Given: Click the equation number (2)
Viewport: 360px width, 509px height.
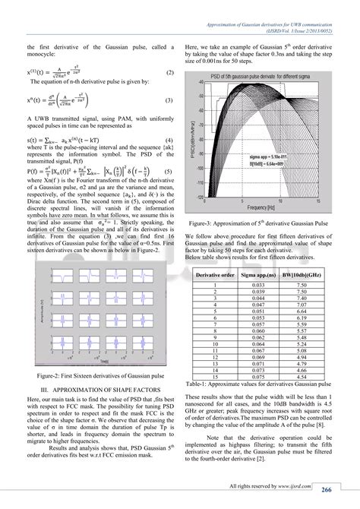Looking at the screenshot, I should click(170, 72).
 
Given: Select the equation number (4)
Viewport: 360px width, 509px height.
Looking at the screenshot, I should click(169, 141).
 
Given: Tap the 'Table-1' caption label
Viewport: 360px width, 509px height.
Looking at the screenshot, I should click(201, 384).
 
